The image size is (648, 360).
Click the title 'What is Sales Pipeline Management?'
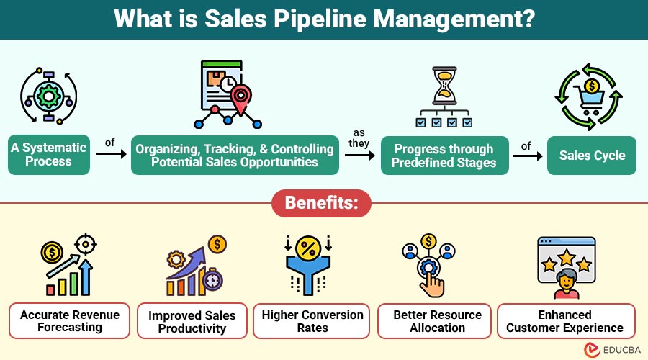323,19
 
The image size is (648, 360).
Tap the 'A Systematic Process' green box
49,155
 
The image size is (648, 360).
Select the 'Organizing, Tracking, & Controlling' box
235,155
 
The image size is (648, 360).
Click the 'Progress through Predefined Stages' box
444,155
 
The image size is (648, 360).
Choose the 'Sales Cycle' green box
592,155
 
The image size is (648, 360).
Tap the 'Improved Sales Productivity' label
192,322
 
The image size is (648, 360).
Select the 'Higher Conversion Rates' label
312,321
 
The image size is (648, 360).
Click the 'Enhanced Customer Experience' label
565,321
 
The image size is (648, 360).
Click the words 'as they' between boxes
360,138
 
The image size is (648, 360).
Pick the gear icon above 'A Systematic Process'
48,93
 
